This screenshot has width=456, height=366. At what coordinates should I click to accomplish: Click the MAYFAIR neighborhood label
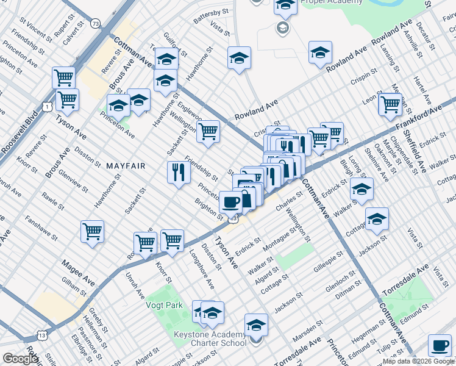pyautogui.click(x=126, y=165)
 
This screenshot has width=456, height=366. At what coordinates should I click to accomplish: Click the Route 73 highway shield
pyautogui.click(x=95, y=23)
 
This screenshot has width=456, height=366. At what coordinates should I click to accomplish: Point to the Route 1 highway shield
pyautogui.click(x=47, y=107)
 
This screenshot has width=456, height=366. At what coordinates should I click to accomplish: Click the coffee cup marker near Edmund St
pyautogui.click(x=439, y=345)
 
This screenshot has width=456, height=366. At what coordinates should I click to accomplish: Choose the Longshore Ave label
pyautogui.click(x=201, y=268)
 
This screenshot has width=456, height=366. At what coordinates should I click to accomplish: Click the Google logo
pyautogui.click(x=21, y=359)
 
